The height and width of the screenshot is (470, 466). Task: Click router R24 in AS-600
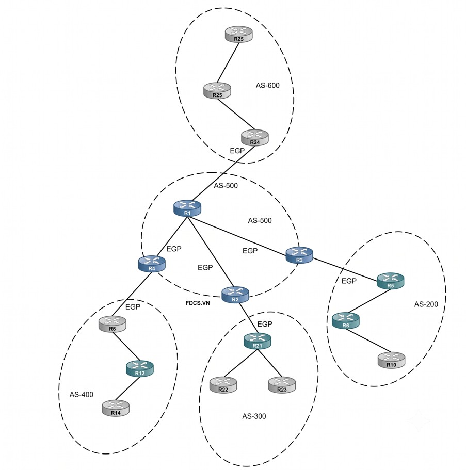(255, 138)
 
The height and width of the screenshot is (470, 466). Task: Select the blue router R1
(187, 208)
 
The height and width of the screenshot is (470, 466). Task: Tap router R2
(235, 295)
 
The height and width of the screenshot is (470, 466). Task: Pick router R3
(299, 255)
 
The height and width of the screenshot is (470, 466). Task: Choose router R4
(152, 264)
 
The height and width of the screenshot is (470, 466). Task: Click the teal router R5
(391, 281)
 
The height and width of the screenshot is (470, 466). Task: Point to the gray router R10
(391, 360)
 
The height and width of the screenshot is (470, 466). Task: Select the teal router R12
(140, 369)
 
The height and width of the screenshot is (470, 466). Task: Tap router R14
(116, 408)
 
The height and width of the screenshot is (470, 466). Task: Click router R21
(258, 341)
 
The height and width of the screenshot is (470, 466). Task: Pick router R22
(223, 385)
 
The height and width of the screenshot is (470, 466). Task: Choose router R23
(282, 385)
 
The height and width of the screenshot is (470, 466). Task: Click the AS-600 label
(267, 86)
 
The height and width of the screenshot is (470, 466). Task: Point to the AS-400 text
(82, 395)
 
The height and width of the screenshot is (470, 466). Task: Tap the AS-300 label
(254, 416)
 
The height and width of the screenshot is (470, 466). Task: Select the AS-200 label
(426, 304)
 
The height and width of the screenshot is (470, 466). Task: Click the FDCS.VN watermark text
(198, 303)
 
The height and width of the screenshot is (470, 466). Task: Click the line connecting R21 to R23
(269, 363)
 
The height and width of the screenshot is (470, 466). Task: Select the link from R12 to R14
(128, 388)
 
